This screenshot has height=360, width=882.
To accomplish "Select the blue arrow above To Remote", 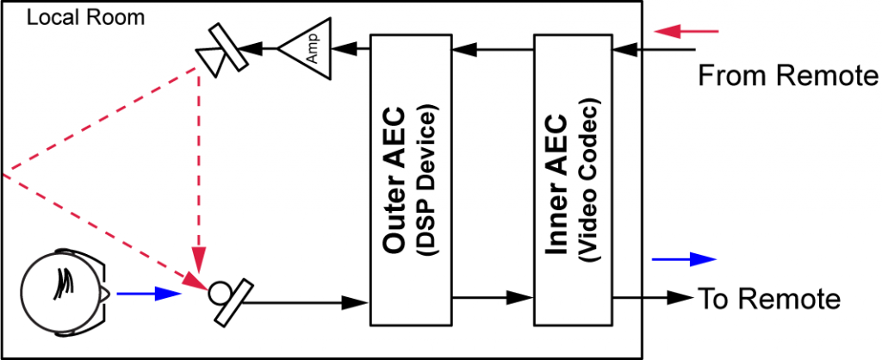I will [x=684, y=258].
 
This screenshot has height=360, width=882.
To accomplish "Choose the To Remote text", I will [x=768, y=299].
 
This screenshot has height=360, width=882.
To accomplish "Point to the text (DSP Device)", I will [x=427, y=180].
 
